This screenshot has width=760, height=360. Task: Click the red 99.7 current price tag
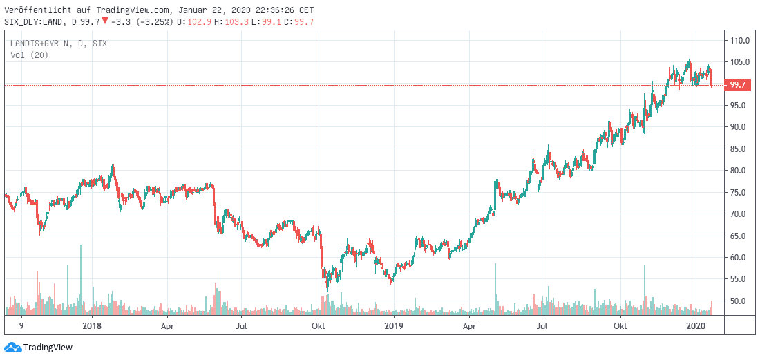(737, 85)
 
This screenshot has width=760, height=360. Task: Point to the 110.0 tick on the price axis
(741, 40)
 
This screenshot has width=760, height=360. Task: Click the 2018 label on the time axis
(91, 325)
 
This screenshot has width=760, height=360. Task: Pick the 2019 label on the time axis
(393, 325)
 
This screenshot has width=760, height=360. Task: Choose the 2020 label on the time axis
(696, 325)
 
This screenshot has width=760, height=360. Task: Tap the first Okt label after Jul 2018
(319, 325)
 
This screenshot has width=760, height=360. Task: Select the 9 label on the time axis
(21, 325)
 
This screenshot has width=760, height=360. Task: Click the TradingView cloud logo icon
(12, 347)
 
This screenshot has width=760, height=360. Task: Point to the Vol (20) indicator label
(29, 54)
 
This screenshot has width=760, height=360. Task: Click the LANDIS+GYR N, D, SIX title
(59, 44)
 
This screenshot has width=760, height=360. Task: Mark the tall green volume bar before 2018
(81, 276)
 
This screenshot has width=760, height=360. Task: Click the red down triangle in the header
(104, 21)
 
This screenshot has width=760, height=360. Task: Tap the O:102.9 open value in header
(190, 21)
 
